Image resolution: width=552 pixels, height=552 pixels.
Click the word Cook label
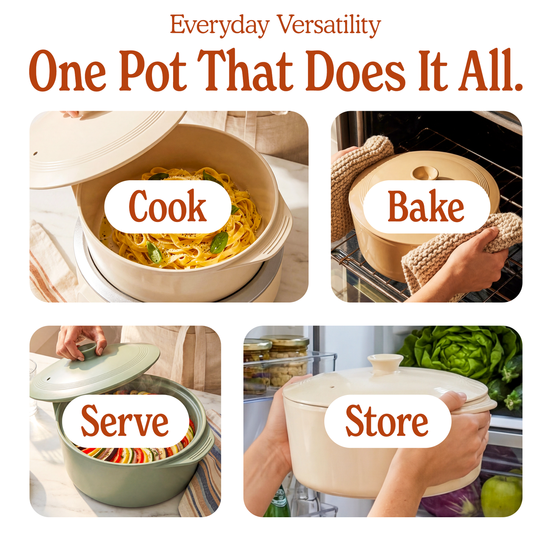point(168,207)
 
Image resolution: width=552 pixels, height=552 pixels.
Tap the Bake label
point(426,207)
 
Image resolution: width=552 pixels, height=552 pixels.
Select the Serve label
point(125,421)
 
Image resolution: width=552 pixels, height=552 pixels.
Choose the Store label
point(387,421)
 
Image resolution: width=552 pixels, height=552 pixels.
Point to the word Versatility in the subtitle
point(329,25)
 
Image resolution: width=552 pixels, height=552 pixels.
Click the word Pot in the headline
point(154,71)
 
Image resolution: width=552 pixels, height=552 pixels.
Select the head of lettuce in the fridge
point(462,350)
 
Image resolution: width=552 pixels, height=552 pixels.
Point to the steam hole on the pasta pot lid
point(36,154)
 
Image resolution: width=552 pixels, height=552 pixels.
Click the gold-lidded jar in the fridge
point(289,357)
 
